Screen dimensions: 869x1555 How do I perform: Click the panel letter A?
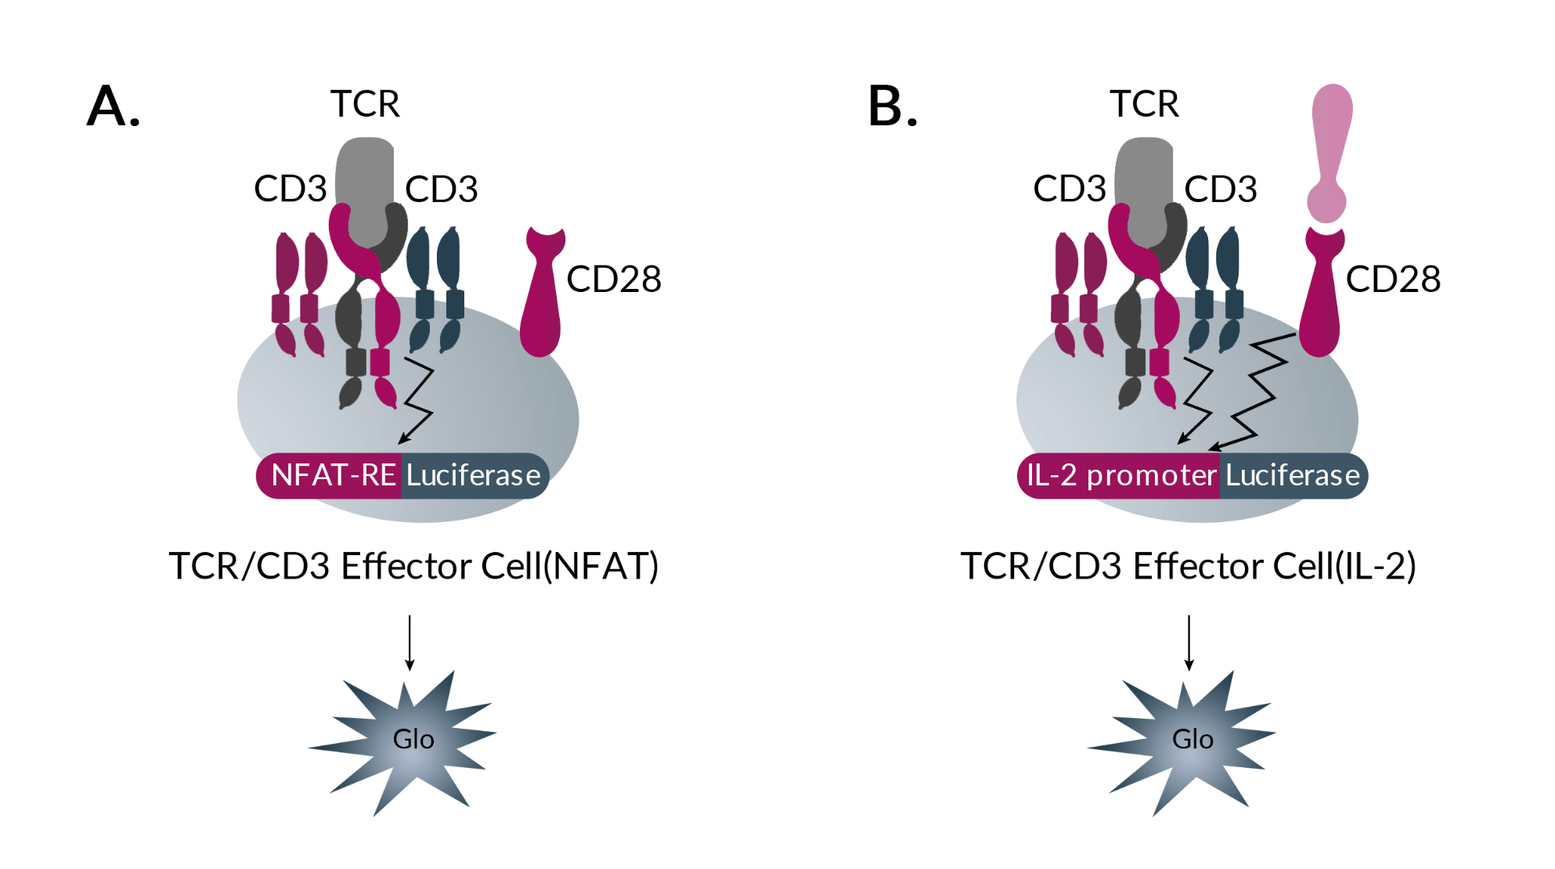point(113,106)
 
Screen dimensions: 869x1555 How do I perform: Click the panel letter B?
point(892,106)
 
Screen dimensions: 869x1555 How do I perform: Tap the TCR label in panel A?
point(365,103)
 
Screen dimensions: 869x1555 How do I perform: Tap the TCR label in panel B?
point(1144,103)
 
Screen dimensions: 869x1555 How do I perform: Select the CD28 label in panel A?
point(613,279)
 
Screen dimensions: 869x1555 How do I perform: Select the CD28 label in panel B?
point(1392,279)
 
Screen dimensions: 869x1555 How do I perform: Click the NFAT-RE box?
point(331,475)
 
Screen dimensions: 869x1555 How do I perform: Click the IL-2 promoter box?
point(1120,475)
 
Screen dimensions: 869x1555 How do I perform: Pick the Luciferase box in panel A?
point(473,475)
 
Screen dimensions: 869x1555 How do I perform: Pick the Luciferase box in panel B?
point(1292,475)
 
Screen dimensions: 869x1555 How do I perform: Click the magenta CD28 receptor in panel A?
point(541,297)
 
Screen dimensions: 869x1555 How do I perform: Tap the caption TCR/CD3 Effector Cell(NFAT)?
point(413,565)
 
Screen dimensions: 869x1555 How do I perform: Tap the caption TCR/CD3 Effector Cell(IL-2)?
point(1188,565)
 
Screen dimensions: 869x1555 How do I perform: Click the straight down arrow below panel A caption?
point(409,642)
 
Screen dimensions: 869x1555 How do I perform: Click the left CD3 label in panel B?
point(1069,189)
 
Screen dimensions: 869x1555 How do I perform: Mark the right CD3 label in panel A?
point(441,189)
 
